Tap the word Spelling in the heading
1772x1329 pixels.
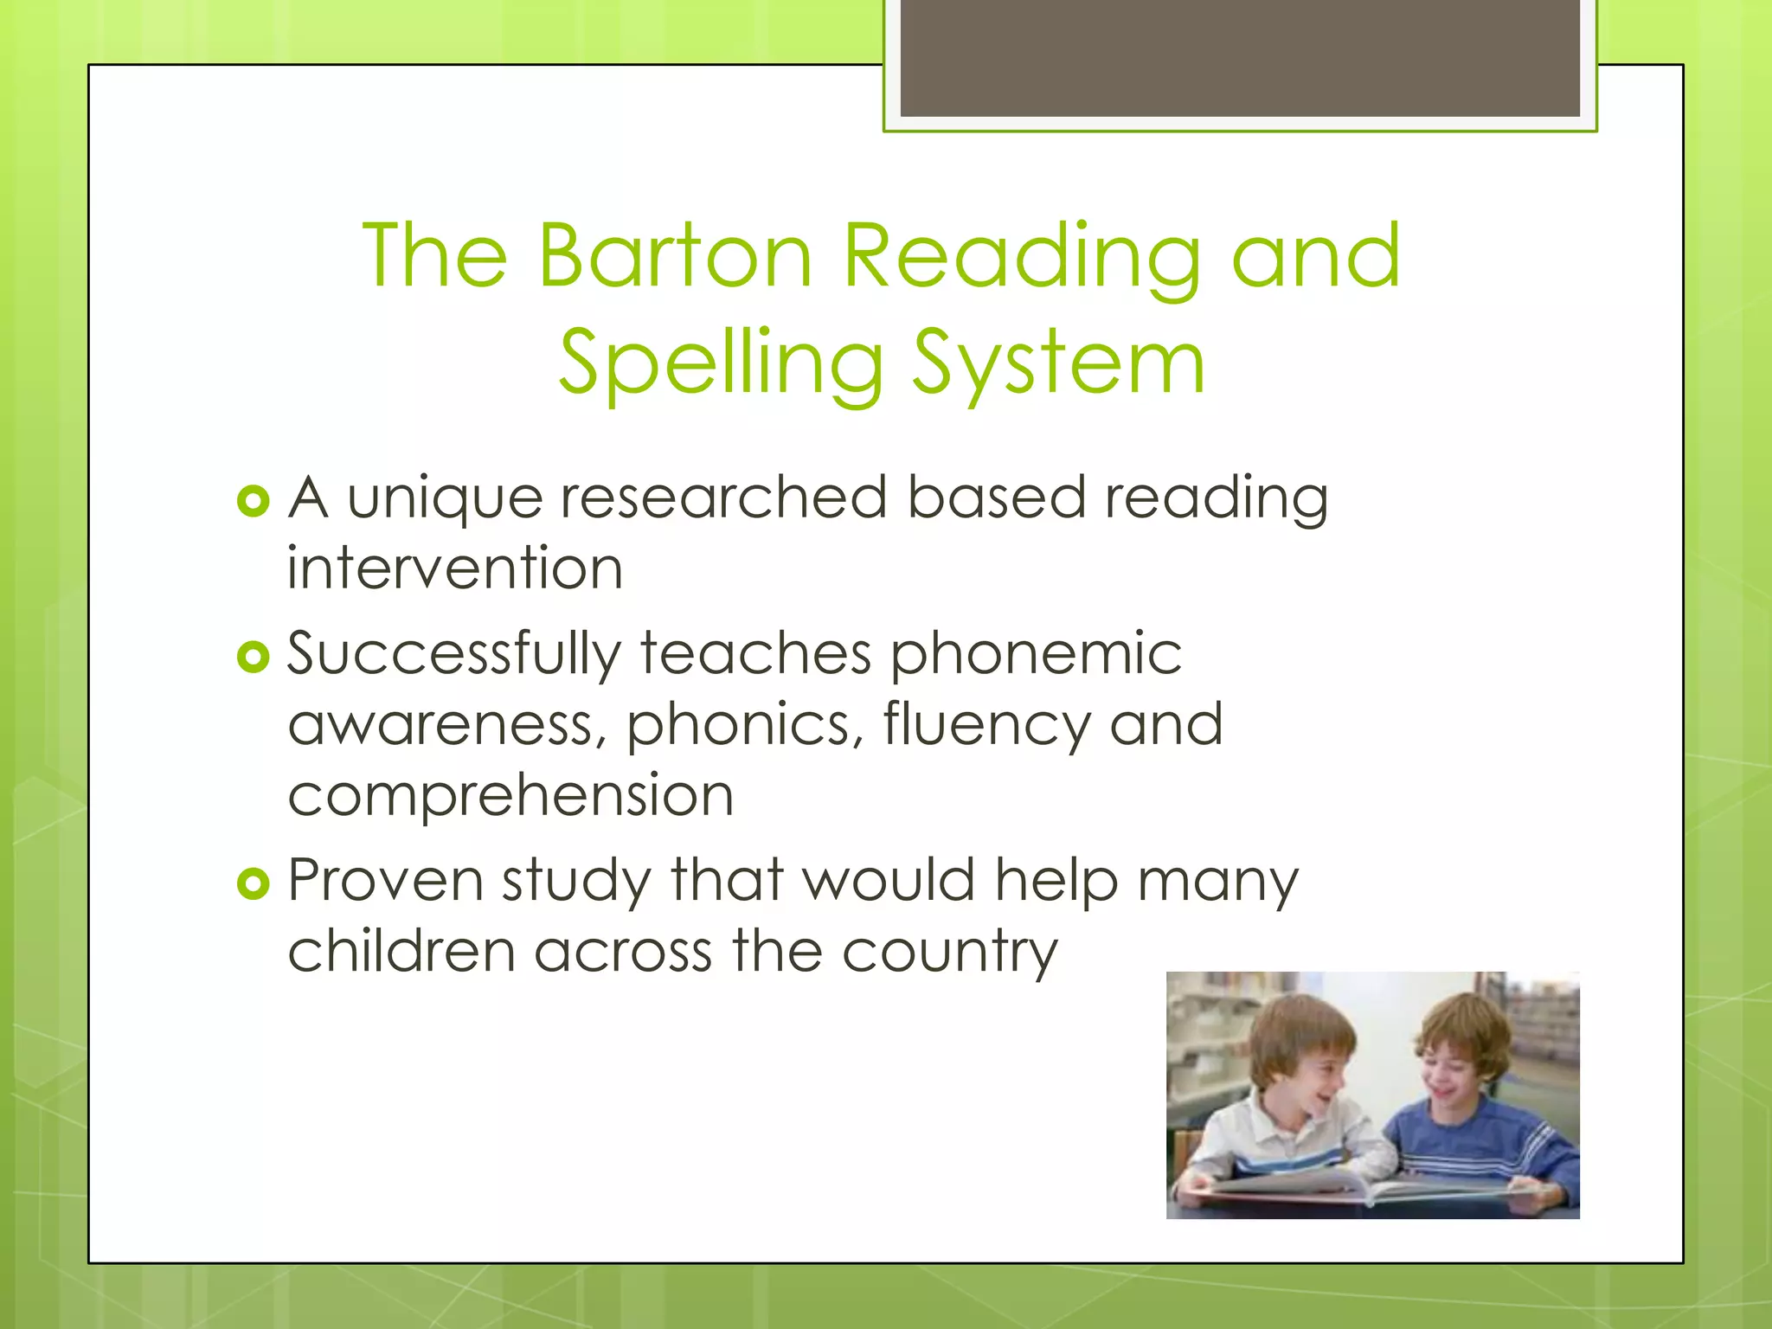click(x=721, y=363)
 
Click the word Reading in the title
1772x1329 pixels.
click(x=1021, y=257)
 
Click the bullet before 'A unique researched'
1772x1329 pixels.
click(x=253, y=501)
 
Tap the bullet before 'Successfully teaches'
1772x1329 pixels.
click(x=253, y=658)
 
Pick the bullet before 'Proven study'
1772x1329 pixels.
click(x=253, y=883)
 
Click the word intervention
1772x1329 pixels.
click(x=455, y=569)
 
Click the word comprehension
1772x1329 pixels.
click(x=510, y=796)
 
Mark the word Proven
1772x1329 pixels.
click(x=385, y=881)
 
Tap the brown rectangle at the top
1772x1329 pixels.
click(x=1239, y=57)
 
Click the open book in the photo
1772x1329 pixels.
click(x=1367, y=1190)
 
